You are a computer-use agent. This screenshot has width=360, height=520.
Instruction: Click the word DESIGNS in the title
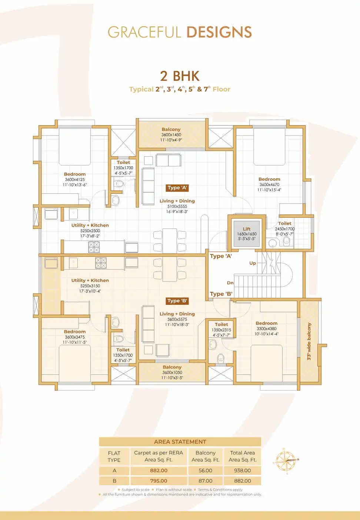[x=219, y=33]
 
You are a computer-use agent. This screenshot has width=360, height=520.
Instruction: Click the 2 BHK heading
[x=180, y=76]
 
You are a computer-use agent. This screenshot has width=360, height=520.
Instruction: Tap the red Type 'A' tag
[x=177, y=188]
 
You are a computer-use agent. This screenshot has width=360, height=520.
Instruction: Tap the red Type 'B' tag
[x=177, y=301]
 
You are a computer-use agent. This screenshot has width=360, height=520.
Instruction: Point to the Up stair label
[x=253, y=263]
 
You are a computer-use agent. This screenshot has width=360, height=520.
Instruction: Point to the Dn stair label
[x=230, y=283]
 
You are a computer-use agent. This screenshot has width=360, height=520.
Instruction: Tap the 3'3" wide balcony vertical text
[x=309, y=341]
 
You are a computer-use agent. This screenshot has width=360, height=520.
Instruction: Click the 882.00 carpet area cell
[x=159, y=470]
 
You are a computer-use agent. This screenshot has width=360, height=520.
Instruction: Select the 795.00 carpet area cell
[x=159, y=481]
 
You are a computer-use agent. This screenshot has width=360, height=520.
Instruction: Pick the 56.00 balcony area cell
[x=206, y=470]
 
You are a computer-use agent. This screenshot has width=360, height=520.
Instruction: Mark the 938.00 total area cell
[x=243, y=470]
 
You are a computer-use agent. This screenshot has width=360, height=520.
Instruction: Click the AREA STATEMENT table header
[x=180, y=442]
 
